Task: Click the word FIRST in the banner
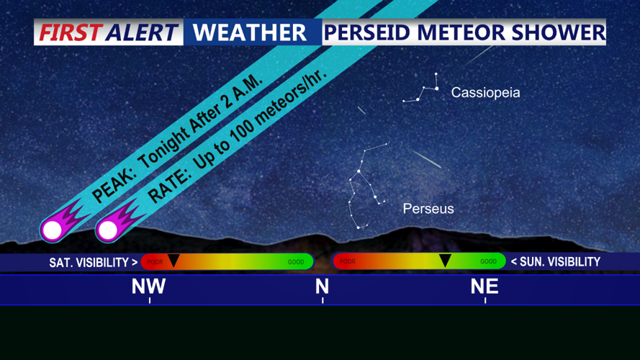(x=71, y=32)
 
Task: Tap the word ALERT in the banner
(x=142, y=32)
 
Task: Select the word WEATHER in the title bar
(x=250, y=32)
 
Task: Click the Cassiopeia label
(x=485, y=93)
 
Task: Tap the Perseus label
(x=428, y=209)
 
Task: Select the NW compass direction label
(x=149, y=287)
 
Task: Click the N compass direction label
(x=322, y=287)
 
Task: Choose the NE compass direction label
(x=484, y=287)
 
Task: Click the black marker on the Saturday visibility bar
(x=173, y=261)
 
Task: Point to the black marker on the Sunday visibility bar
(x=445, y=261)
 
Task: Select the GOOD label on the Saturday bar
(x=296, y=262)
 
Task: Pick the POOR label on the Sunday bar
(x=348, y=262)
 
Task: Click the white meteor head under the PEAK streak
(x=52, y=230)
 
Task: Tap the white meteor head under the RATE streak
(x=108, y=230)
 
